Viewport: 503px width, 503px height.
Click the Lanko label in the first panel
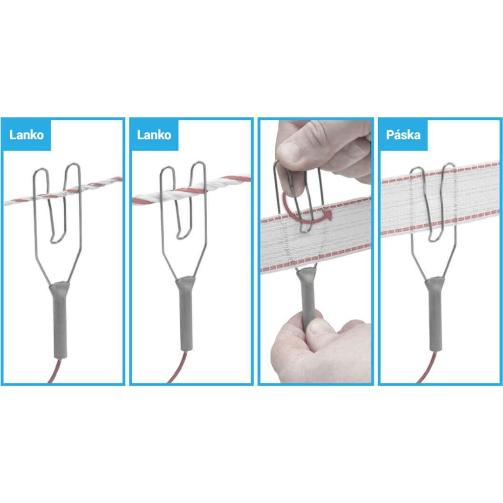point(27,135)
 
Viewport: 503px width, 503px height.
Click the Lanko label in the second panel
point(154,135)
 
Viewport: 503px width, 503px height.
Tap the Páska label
point(403,135)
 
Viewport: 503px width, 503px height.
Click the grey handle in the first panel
point(60,319)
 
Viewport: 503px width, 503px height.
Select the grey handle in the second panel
point(186,313)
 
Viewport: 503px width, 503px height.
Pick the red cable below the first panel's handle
point(54,371)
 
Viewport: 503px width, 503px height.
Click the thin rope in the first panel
point(63,191)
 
